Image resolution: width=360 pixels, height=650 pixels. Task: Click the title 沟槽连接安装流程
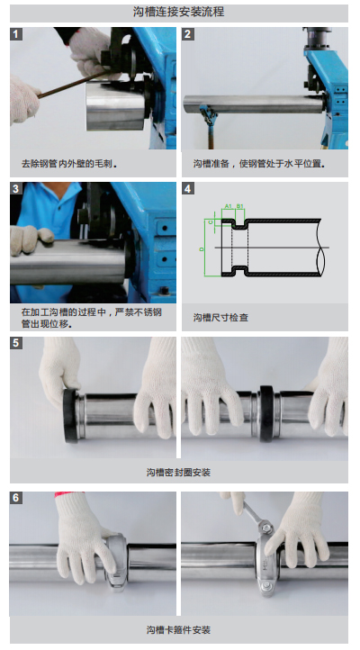click(178, 12)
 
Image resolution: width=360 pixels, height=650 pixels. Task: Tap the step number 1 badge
click(16, 34)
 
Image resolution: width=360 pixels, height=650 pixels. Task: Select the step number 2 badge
click(188, 34)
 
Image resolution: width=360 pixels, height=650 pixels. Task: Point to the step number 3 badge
click(16, 189)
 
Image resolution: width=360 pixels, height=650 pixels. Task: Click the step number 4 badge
click(188, 189)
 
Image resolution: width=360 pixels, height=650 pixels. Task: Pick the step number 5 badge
click(16, 343)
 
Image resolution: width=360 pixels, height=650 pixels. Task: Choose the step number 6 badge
click(16, 498)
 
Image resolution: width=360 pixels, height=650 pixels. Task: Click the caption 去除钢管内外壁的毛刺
click(69, 164)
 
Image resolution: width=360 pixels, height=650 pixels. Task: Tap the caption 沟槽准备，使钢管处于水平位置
click(259, 164)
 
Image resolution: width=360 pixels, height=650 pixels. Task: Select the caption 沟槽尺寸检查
click(220, 318)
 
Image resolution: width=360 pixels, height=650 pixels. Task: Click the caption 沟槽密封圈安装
click(178, 472)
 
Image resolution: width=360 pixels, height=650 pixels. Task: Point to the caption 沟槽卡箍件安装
click(178, 630)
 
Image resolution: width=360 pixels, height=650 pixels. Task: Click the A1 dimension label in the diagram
click(229, 206)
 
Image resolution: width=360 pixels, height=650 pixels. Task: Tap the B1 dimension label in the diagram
click(240, 206)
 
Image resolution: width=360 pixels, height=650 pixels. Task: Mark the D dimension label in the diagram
click(202, 249)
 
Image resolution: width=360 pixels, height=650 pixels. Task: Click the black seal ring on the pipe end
click(70, 415)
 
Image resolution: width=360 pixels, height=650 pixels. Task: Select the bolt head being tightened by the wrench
click(266, 528)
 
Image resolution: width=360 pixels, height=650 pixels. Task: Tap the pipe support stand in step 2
click(209, 126)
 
